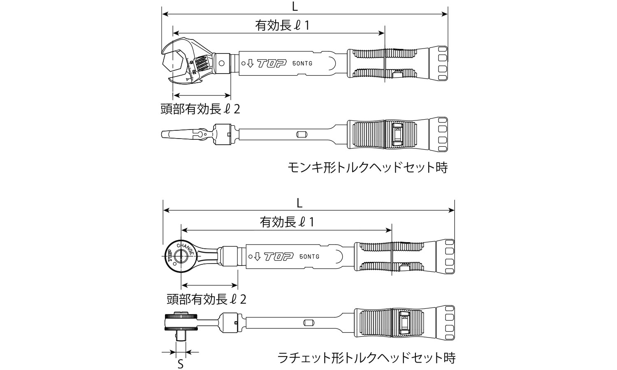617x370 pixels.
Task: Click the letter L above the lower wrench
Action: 299,202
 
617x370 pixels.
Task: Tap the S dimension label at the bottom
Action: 180,364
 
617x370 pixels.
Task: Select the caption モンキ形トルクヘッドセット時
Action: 367,168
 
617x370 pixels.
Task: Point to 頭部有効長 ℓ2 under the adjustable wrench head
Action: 200,109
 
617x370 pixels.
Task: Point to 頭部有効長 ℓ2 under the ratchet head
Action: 206,299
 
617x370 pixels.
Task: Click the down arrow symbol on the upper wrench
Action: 250,64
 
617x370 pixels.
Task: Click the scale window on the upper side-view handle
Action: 397,134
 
